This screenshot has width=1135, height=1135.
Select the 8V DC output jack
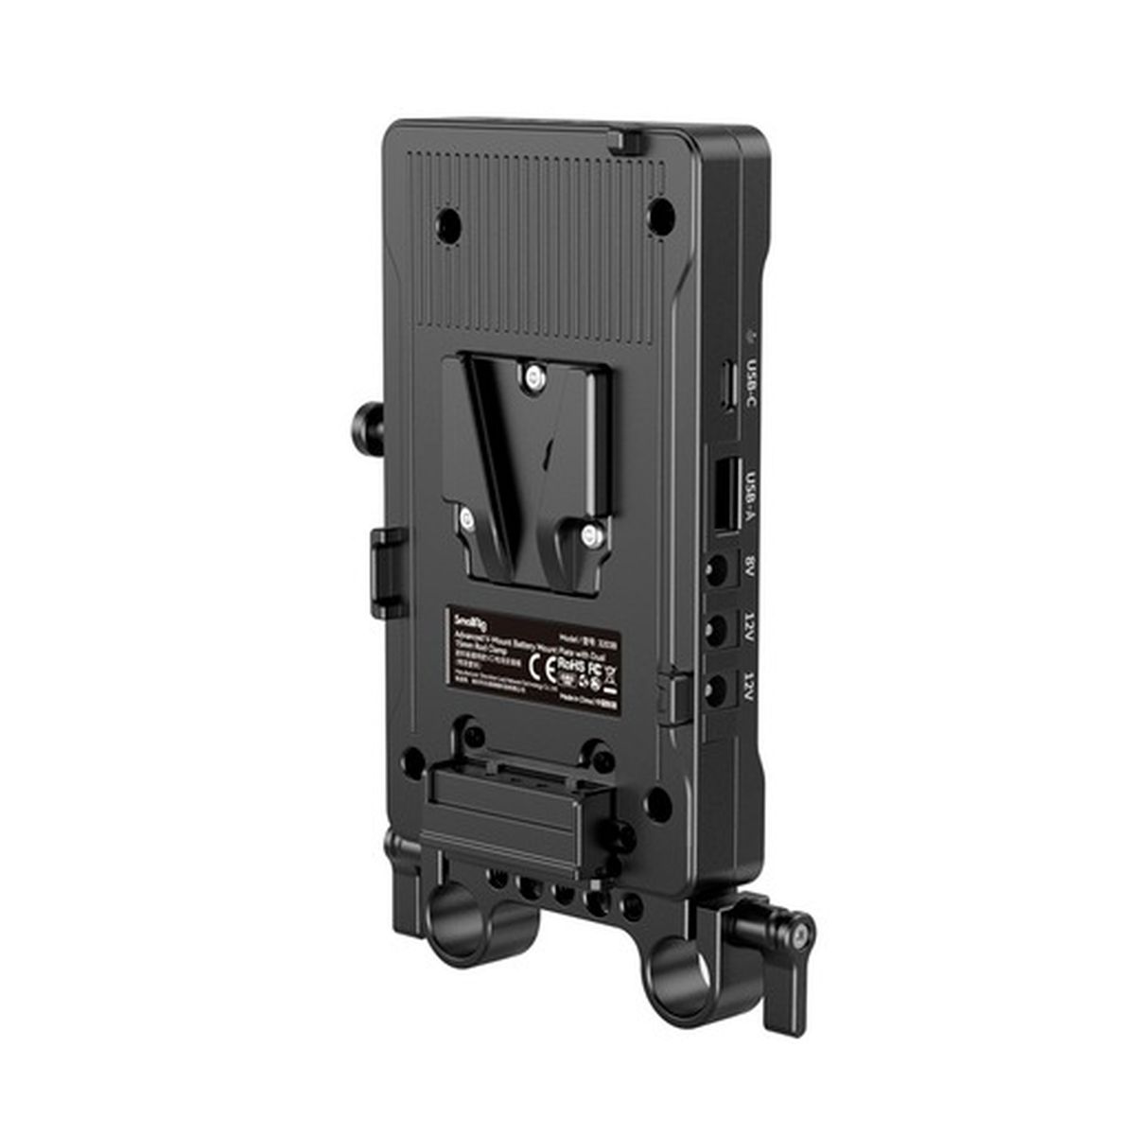point(720,570)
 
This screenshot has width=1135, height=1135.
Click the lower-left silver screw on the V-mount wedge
point(466,517)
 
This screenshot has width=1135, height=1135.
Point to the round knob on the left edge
point(364,416)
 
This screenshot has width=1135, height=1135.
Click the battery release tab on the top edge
point(619,140)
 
